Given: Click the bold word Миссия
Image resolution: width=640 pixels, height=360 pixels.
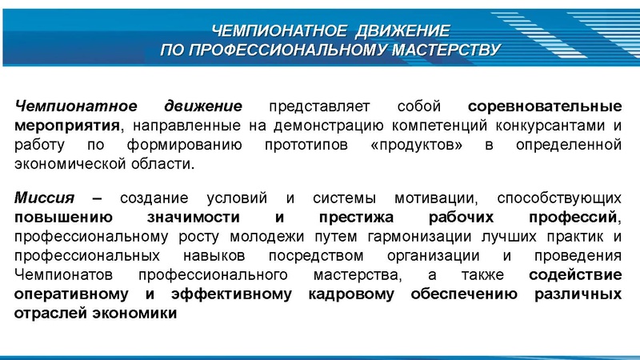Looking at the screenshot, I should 44,198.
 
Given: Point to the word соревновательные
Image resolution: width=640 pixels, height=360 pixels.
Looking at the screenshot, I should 545,106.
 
